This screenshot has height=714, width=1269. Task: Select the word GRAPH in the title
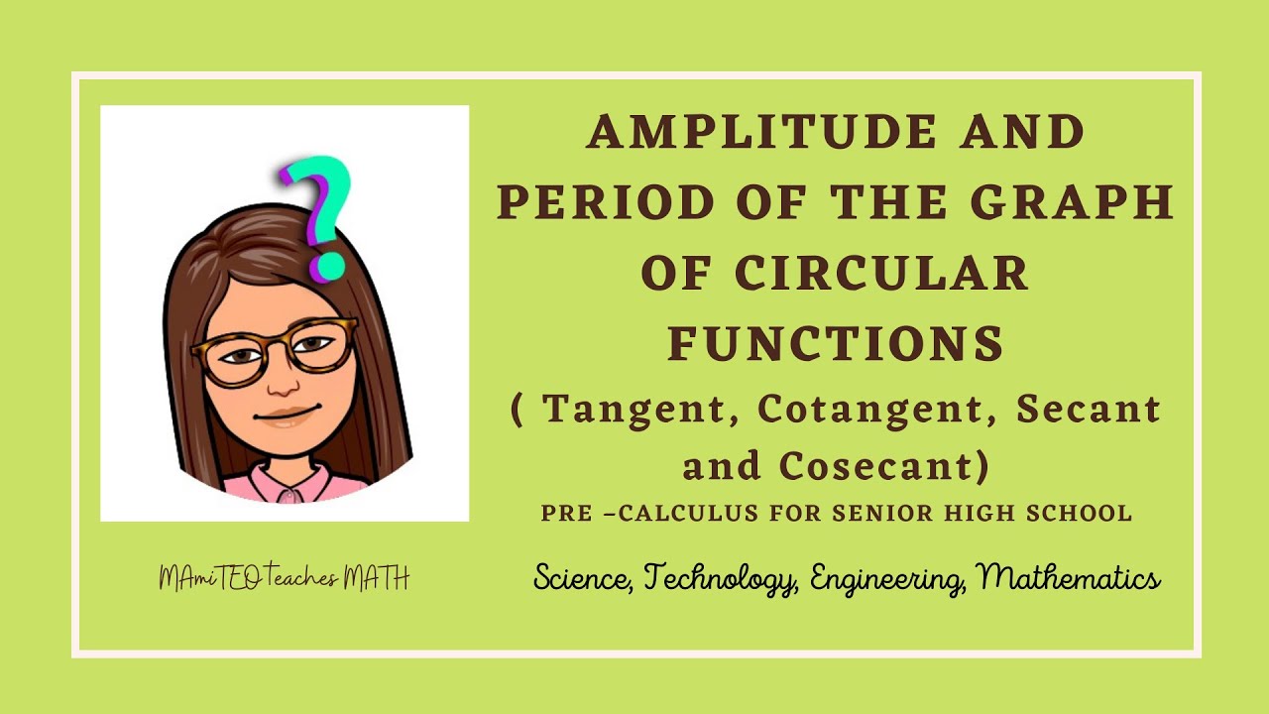[x=1073, y=202]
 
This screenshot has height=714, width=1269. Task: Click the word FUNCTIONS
[x=837, y=344]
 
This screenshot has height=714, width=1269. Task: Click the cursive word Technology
[x=721, y=578]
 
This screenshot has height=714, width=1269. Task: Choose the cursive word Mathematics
[x=1070, y=578]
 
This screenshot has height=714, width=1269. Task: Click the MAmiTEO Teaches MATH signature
[x=285, y=579]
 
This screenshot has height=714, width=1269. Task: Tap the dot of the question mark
[x=328, y=266]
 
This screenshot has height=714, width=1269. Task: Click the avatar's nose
[x=285, y=382]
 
